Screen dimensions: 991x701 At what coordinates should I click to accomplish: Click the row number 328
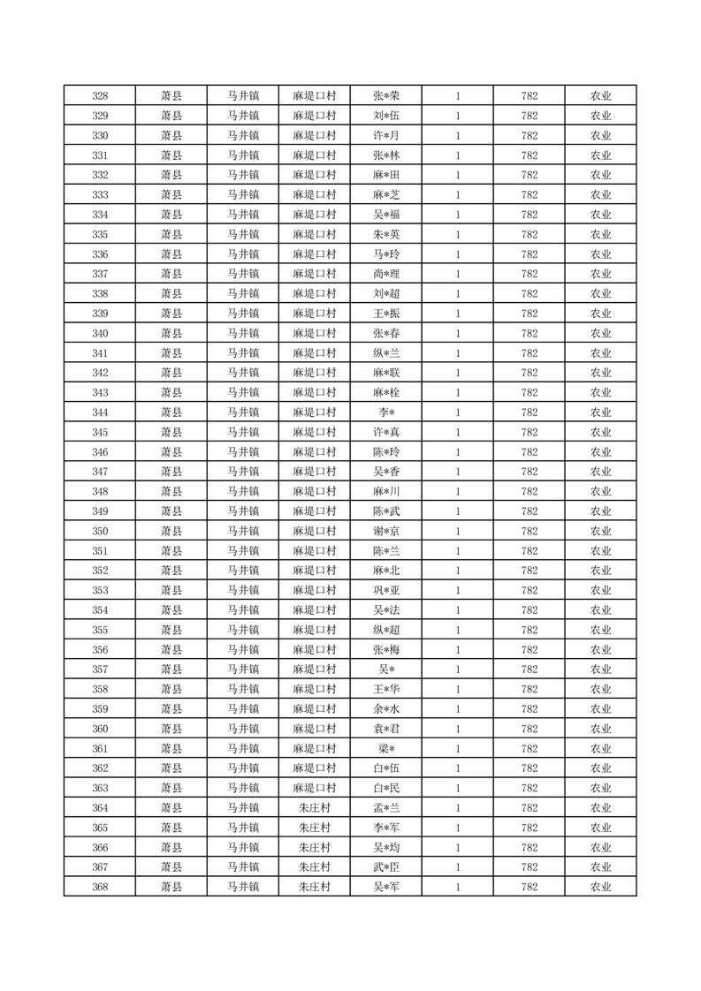coord(100,96)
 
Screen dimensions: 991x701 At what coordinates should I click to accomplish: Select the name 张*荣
coord(385,96)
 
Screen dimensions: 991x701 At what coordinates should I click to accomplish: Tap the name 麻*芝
coord(385,195)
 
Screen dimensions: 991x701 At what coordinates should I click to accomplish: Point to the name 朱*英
coord(385,235)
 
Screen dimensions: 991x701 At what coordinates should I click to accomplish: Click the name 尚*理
coord(385,274)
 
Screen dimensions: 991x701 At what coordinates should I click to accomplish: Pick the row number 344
coord(100,412)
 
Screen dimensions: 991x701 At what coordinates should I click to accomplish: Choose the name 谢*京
coord(385,531)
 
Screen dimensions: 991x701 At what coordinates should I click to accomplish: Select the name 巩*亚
coord(385,590)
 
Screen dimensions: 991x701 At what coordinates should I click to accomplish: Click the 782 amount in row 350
coord(529,531)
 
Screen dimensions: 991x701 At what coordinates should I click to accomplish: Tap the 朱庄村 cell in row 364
coord(314,808)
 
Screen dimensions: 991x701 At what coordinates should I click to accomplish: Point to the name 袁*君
coord(385,729)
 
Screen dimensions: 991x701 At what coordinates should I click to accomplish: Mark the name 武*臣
coord(385,867)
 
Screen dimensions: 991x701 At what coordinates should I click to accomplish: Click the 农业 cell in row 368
coord(600,887)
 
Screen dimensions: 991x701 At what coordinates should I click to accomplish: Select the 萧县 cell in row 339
coord(171,314)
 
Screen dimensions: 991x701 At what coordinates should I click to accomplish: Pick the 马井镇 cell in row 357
coord(242,669)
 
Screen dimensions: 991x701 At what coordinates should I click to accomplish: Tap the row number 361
coord(100,749)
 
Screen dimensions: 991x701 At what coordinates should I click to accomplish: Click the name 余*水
coord(385,709)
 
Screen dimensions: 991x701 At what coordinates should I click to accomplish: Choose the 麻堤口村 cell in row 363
coord(314,788)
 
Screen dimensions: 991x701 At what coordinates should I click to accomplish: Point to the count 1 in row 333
coord(457,195)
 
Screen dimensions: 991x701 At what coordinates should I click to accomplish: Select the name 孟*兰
coord(385,808)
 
